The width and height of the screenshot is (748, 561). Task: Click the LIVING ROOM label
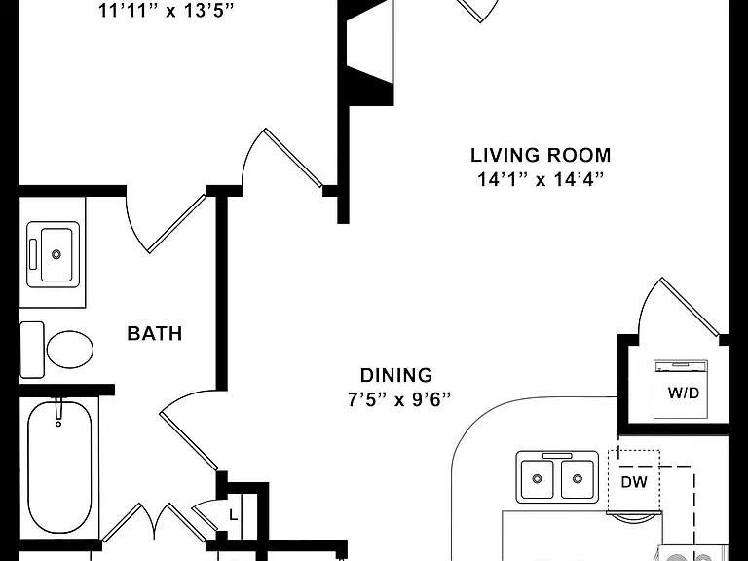(x=541, y=156)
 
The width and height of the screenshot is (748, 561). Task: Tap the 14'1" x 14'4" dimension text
(x=541, y=180)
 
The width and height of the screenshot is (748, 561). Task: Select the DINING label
(x=396, y=375)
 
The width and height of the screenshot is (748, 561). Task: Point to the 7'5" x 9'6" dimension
(x=398, y=399)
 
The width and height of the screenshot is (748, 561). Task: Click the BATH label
(x=155, y=333)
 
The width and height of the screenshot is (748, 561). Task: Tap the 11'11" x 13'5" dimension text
(x=166, y=11)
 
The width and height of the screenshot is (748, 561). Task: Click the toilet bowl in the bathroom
(x=70, y=350)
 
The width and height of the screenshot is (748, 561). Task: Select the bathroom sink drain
(x=56, y=254)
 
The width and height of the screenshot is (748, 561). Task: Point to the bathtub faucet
(x=58, y=411)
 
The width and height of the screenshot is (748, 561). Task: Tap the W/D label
(x=684, y=393)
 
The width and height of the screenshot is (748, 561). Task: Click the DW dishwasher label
(x=634, y=482)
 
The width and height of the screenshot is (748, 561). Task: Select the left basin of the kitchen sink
(x=537, y=478)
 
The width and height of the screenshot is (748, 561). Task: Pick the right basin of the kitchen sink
(x=578, y=478)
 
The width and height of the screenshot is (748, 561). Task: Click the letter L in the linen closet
(x=234, y=515)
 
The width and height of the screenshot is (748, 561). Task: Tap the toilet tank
(x=31, y=350)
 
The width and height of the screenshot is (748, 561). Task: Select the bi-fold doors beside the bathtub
(x=155, y=522)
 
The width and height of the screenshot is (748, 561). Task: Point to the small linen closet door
(x=206, y=514)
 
